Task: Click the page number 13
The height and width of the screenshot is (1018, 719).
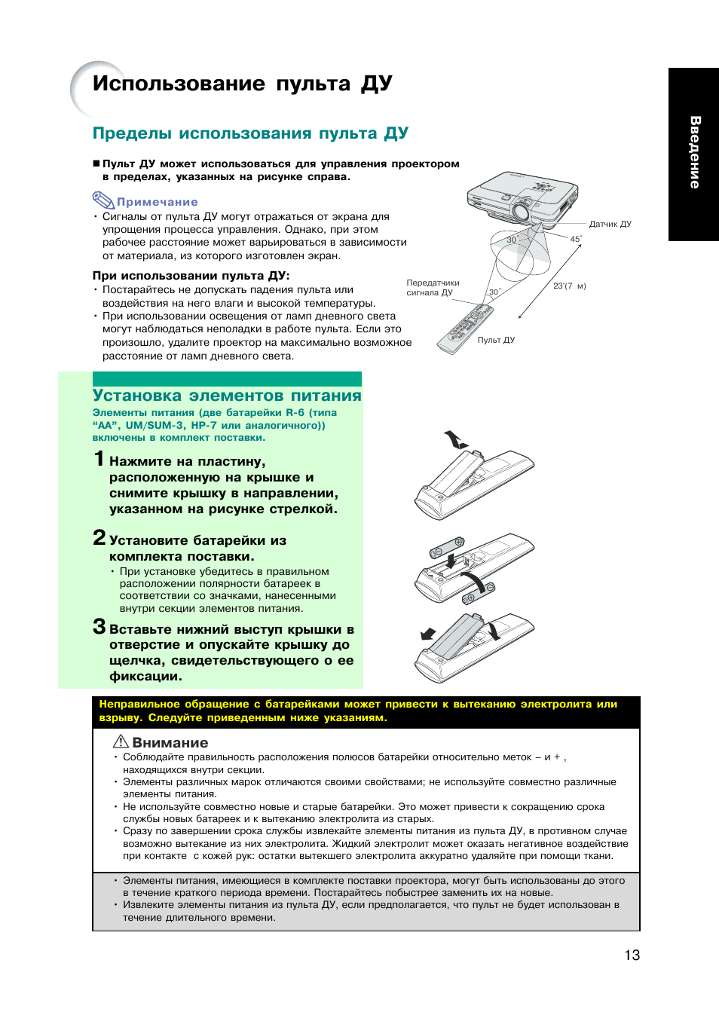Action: [632, 955]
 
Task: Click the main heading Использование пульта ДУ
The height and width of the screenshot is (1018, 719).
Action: [242, 84]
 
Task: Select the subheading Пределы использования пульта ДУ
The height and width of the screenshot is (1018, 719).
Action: [250, 133]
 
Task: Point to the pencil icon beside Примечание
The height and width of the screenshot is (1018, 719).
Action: [102, 200]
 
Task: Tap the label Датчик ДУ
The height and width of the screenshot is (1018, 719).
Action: [610, 224]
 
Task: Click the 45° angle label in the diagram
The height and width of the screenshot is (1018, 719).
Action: [575, 239]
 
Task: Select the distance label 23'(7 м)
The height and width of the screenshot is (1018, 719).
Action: [569, 286]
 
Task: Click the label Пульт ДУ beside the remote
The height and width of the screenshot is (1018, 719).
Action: [496, 340]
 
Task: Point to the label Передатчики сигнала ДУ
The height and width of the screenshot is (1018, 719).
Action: [433, 288]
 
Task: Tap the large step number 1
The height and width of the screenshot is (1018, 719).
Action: [99, 459]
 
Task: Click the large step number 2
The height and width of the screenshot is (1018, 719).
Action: [99, 537]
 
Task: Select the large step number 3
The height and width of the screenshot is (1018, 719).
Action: [99, 626]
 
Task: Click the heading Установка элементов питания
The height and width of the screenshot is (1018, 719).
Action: [227, 396]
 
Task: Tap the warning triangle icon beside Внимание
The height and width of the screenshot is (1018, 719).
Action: [121, 741]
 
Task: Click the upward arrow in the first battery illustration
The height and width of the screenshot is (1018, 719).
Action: [454, 439]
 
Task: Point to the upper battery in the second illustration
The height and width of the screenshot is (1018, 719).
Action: [447, 546]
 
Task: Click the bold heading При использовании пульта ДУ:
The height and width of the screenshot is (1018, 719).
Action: [191, 276]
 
